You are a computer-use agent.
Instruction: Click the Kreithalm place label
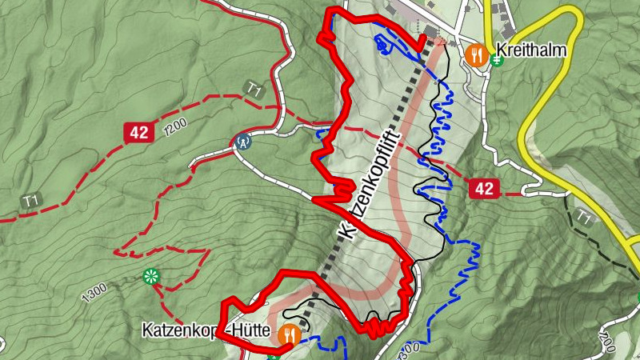pyautogui.click(x=531, y=50)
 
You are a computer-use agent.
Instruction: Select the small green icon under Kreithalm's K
pyautogui.click(x=497, y=63)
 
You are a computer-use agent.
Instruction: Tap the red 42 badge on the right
pyautogui.click(x=483, y=189)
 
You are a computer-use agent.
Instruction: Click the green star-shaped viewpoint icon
pyautogui.click(x=150, y=277)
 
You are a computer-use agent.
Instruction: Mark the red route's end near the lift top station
pyautogui.click(x=422, y=40)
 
